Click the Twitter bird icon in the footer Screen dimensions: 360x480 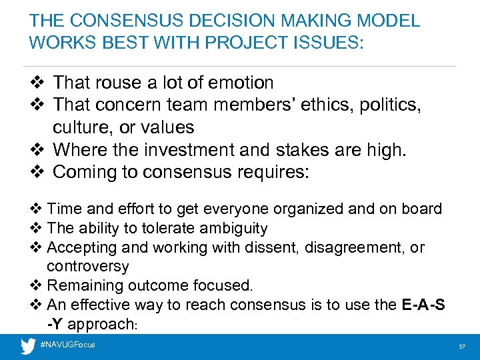28,345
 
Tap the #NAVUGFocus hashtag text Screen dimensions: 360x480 68,345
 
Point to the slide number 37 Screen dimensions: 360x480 461,347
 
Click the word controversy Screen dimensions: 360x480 88,266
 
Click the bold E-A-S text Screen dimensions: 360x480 424,305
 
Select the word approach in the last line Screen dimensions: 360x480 104,323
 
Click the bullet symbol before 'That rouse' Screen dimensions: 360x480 37,83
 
